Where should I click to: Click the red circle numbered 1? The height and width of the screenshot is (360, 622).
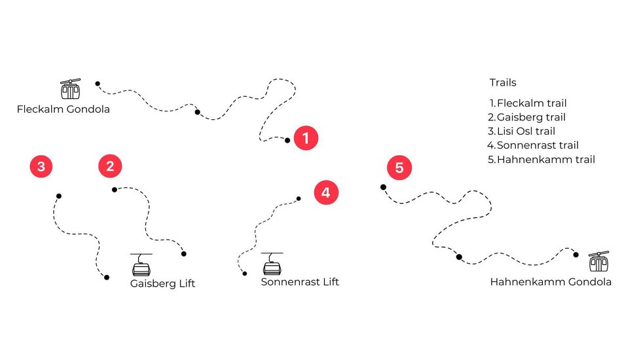pos(306,138)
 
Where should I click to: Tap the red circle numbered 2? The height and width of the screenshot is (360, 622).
pos(110,166)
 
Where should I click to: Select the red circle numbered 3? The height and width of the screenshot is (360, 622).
pos(41,166)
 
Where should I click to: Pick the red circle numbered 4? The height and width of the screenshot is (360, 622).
pos(326,192)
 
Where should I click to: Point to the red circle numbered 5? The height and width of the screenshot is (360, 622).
pos(399,168)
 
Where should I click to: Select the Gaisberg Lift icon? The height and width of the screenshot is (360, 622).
pos(141,264)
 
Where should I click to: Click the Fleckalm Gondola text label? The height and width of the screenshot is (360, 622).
pos(63,109)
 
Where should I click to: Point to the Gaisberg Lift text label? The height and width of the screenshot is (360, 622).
pos(162,283)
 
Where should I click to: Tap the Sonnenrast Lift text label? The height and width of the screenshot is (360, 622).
pos(300,282)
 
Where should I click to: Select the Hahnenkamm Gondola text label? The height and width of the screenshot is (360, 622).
pos(551,282)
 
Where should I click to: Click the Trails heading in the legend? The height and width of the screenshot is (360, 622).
pos(503,82)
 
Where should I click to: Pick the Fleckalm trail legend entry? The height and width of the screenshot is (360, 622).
pos(528,103)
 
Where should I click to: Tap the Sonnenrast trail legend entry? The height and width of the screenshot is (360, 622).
pos(533,145)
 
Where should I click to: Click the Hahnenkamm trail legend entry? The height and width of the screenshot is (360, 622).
pos(541,159)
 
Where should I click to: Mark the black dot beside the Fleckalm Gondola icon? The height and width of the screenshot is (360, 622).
pos(98,84)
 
